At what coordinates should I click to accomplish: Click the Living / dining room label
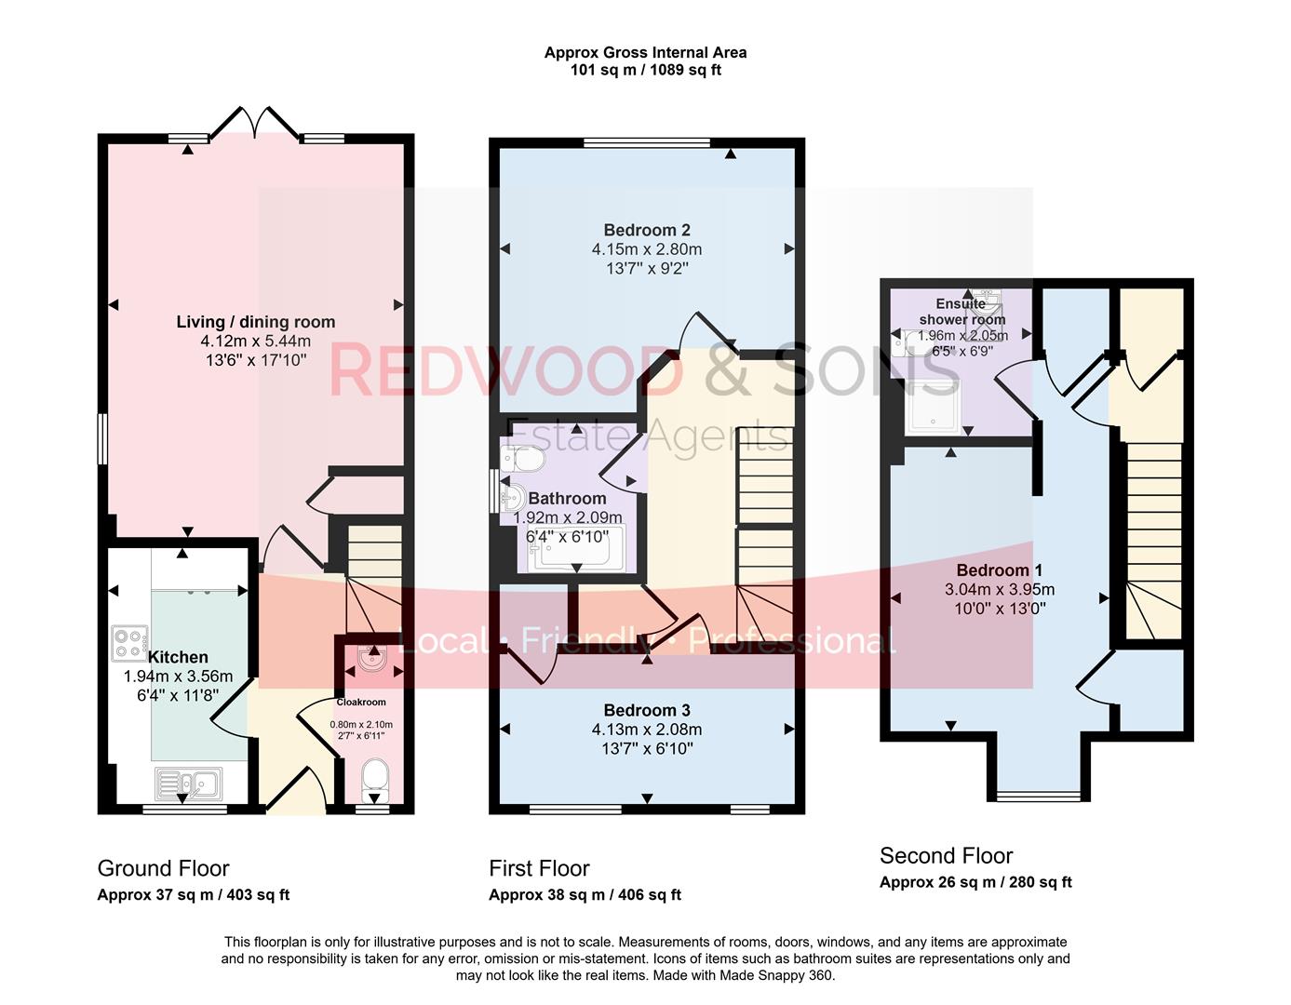[256, 322]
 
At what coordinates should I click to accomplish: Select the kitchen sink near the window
[187, 783]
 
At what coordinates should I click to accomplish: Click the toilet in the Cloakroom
[375, 778]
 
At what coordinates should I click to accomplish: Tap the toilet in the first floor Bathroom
[521, 460]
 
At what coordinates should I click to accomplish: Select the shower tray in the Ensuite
[934, 407]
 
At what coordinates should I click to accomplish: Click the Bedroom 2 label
[647, 230]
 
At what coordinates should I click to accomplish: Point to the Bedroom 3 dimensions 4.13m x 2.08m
[647, 730]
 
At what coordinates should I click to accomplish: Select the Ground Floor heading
[163, 868]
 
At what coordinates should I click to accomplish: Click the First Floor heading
[539, 868]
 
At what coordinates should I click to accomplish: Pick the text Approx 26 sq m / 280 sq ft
[975, 882]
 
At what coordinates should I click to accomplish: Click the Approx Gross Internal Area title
[645, 53]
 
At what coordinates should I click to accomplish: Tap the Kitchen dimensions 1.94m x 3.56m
[178, 677]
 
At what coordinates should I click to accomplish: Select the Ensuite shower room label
[962, 312]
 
